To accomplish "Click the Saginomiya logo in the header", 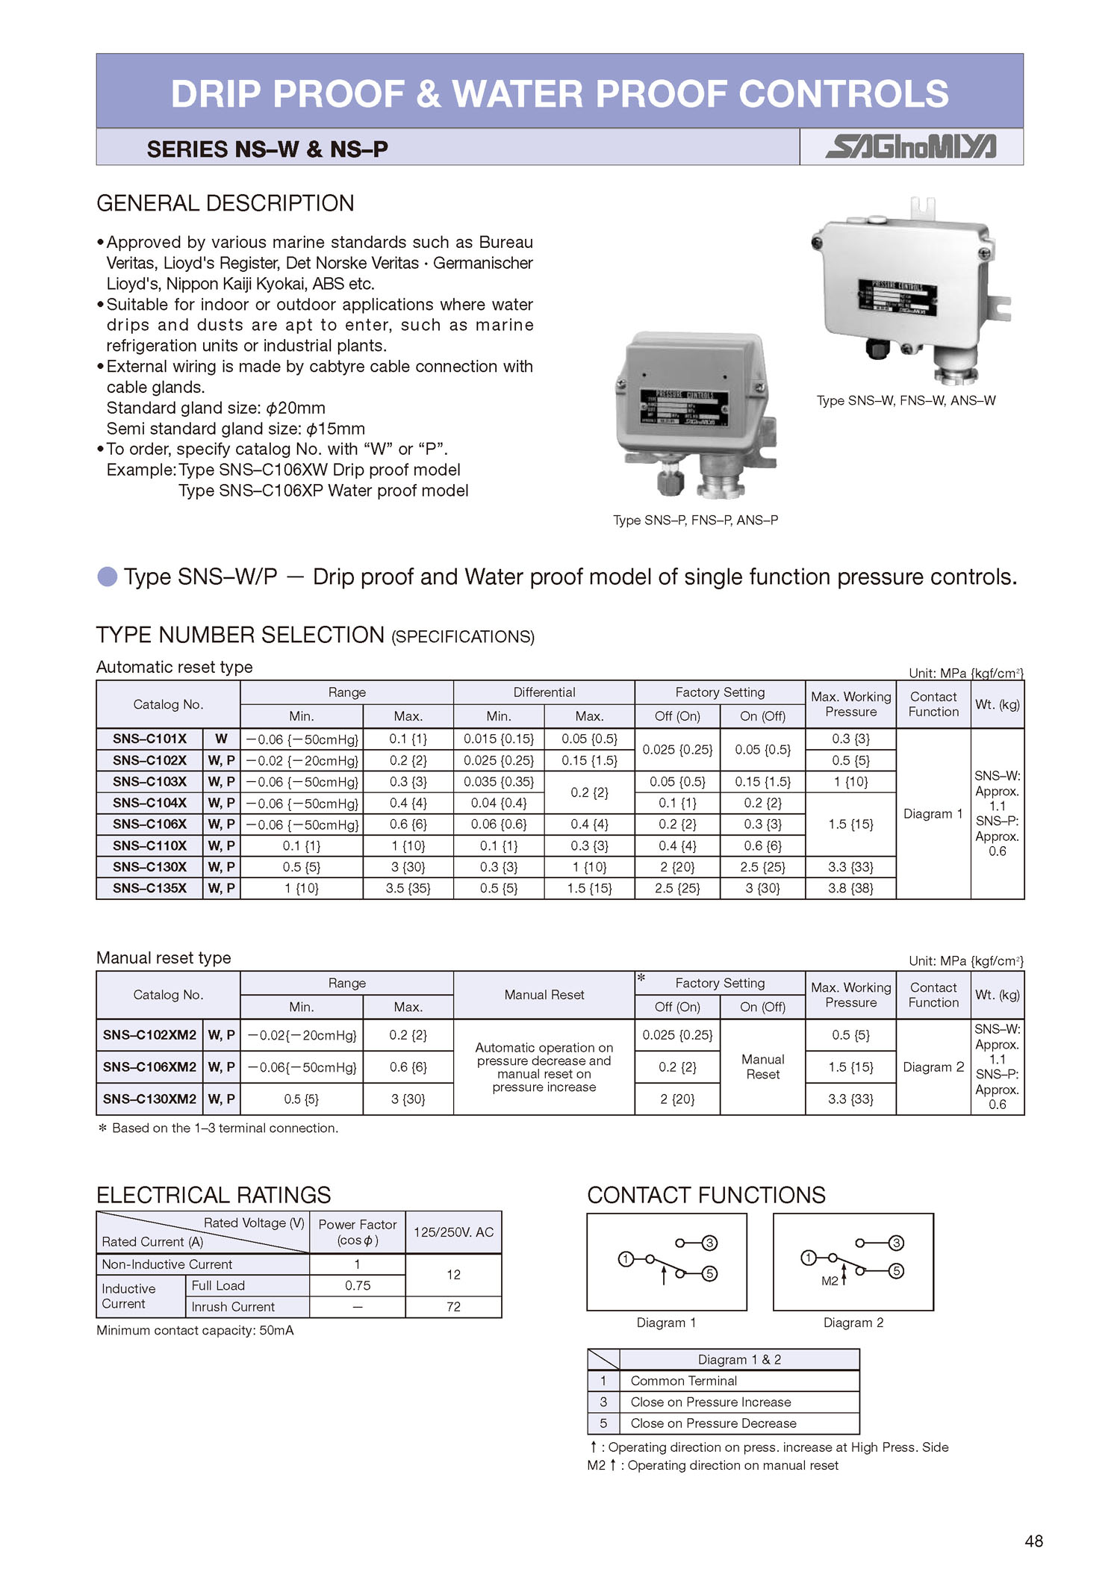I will point(910,146).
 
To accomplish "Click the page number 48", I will point(1033,1541).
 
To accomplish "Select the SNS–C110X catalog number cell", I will point(149,845).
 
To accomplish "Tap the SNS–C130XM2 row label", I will point(149,1099).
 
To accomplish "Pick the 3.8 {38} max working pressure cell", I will point(850,888).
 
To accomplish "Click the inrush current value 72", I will point(453,1306).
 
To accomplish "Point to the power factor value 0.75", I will point(358,1285).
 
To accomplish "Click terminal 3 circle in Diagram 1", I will point(710,1243).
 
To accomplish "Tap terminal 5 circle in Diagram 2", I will point(897,1271).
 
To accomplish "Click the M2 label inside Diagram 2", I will point(830,1281).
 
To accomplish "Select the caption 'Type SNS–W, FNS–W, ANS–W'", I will point(906,400).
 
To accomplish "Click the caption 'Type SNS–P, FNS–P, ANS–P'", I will point(695,520).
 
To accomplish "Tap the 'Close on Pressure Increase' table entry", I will point(710,1402).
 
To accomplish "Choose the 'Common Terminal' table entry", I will point(683,1381).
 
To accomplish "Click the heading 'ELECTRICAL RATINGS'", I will point(214,1195).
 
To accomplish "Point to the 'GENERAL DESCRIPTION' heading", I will point(225,203).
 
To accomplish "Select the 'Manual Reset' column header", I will point(544,995).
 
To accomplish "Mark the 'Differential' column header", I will point(544,692).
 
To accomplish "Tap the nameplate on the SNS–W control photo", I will point(897,297).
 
